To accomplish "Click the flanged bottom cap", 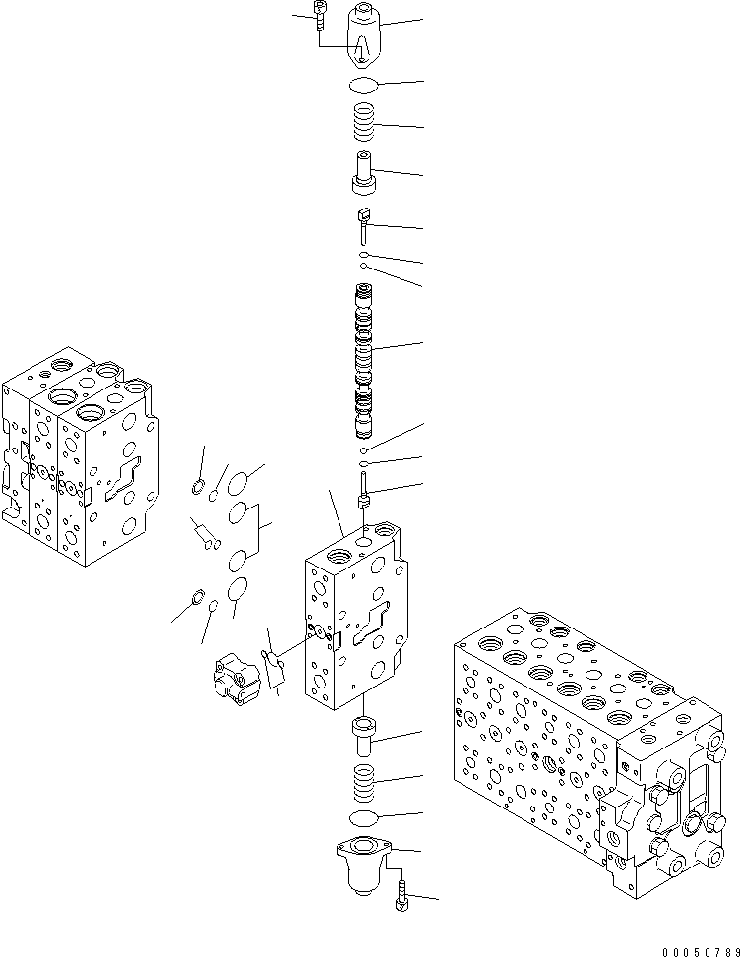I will coord(364,861).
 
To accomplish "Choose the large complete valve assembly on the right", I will coord(590,748).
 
